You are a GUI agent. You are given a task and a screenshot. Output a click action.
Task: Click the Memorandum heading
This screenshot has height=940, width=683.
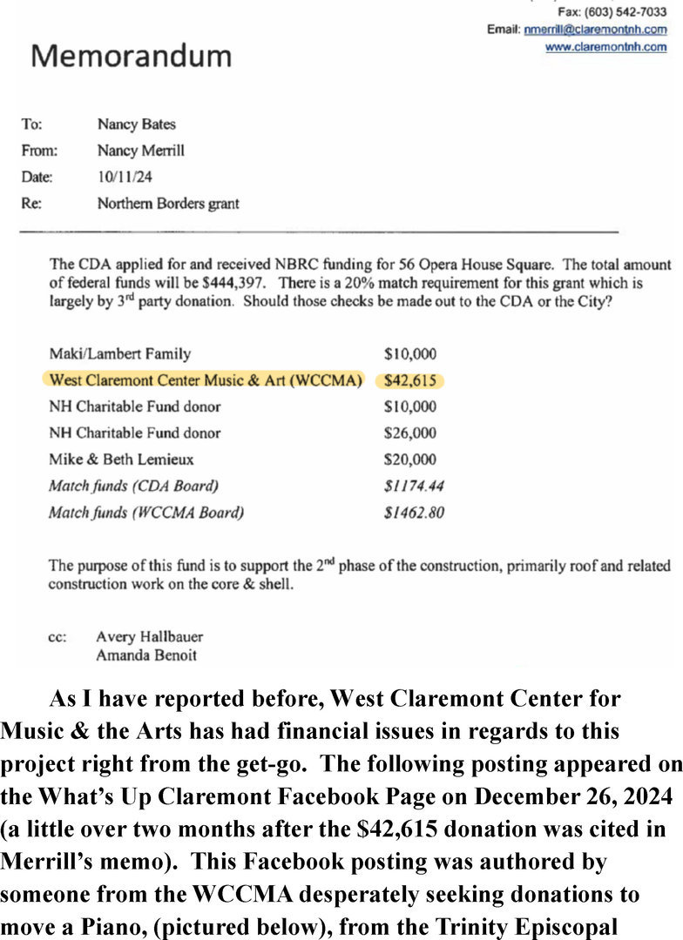point(132,56)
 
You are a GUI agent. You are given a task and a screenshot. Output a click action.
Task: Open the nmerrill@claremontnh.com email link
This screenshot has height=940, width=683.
point(595,30)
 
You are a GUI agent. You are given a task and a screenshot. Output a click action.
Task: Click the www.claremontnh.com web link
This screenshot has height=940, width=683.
point(605,47)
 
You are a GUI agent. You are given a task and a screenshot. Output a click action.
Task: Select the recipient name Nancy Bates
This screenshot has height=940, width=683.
point(136,124)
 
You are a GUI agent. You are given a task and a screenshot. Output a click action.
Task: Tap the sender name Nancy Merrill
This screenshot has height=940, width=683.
point(140,151)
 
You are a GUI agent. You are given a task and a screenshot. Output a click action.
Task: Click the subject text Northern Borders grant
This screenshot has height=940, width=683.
point(168,204)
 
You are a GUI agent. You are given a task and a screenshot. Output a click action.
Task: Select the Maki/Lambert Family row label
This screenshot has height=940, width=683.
point(120,354)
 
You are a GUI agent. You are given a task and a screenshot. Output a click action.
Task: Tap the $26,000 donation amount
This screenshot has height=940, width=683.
point(409,433)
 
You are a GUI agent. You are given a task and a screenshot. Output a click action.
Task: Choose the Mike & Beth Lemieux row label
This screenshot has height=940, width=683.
point(121,460)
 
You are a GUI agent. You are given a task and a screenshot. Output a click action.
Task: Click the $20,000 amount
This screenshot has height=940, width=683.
point(409,460)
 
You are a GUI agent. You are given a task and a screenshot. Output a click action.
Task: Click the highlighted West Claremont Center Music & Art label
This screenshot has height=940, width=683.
point(205,380)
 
